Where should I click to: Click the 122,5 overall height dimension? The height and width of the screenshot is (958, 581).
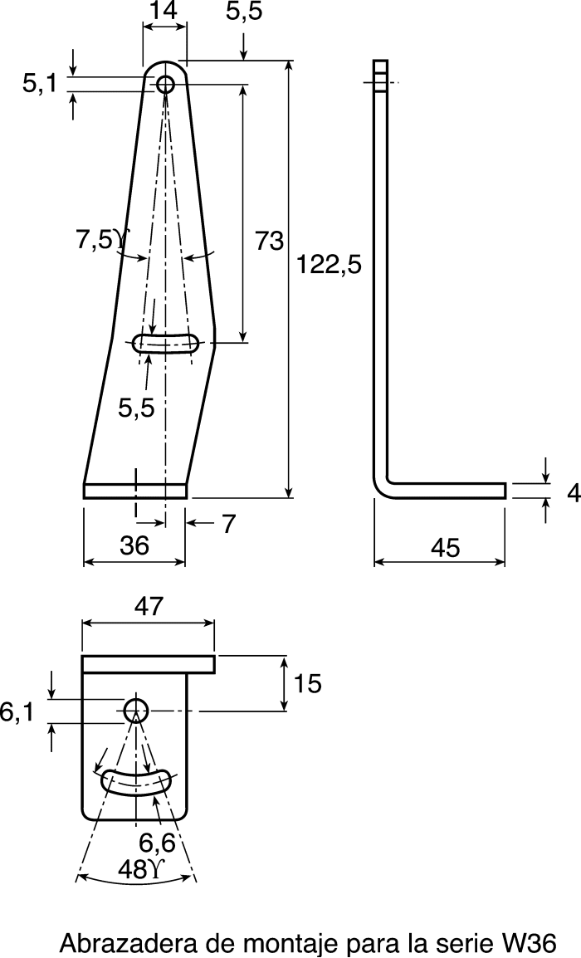click(330, 265)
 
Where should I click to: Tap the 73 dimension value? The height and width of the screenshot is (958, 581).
click(270, 241)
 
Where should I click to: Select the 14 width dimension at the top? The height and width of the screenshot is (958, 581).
click(164, 11)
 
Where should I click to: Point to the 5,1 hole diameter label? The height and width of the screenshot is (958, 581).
click(40, 84)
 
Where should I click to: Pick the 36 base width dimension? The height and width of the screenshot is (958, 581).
click(134, 545)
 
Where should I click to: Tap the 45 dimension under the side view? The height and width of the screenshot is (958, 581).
click(446, 547)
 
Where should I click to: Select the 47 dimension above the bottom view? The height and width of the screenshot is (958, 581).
click(149, 605)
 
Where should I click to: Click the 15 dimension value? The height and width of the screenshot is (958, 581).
click(307, 684)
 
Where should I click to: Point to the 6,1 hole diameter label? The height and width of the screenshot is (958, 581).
click(17, 712)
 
